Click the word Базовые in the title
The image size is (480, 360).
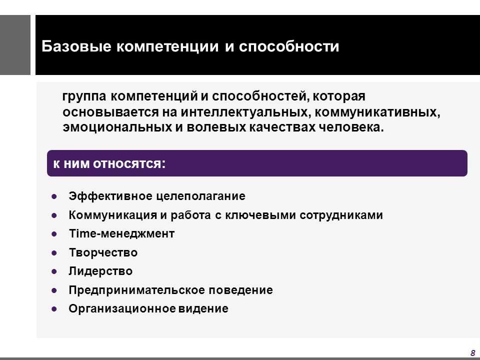click(76, 46)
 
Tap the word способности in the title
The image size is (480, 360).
click(289, 46)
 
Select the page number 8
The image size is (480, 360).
click(472, 352)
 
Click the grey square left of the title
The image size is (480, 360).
click(15, 45)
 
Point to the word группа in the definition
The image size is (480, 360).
click(84, 96)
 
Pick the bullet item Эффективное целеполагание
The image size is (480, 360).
click(157, 196)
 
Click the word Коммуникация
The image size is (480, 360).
click(113, 215)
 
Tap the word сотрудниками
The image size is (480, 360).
click(341, 215)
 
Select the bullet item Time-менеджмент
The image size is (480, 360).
click(122, 233)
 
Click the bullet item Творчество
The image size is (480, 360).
click(103, 252)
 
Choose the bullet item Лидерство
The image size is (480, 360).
click(100, 271)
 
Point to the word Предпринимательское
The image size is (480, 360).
click(137, 290)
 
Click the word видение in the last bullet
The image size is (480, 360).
click(203, 308)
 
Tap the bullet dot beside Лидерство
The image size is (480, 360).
click(54, 271)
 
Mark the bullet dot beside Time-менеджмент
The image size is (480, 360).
click(54, 234)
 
